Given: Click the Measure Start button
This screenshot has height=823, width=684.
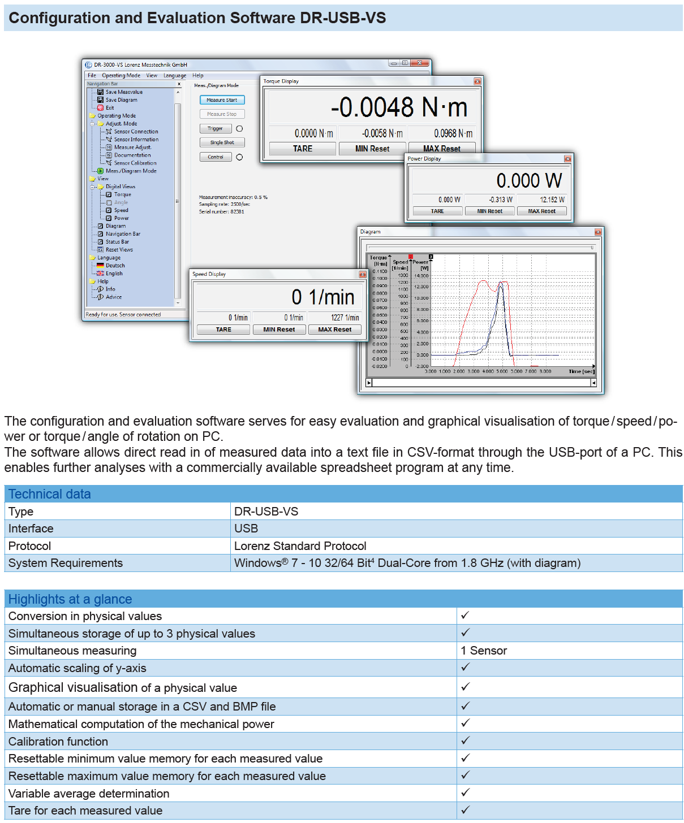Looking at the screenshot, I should [x=222, y=100].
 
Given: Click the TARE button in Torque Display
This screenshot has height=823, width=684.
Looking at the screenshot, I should [x=303, y=149].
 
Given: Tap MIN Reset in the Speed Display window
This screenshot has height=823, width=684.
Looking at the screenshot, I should [x=279, y=330].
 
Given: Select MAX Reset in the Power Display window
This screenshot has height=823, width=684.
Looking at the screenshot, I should [x=541, y=211].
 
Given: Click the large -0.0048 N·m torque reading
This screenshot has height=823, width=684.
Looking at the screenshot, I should [x=399, y=107].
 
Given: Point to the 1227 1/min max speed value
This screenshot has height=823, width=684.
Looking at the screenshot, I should [x=345, y=318].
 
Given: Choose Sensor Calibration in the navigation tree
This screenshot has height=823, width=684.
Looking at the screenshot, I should [x=135, y=163].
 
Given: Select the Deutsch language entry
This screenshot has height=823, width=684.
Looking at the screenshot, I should [x=115, y=266].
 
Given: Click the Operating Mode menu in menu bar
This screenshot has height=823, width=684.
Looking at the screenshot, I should [x=121, y=75].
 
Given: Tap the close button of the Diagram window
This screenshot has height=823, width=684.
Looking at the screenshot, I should [x=598, y=232].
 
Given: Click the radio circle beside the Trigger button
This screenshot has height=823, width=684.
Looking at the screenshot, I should [x=239, y=129].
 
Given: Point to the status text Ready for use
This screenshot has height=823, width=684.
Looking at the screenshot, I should [x=123, y=315].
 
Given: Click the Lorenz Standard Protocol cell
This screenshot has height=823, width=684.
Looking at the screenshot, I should [x=300, y=546].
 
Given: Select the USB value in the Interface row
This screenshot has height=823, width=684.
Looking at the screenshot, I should [x=246, y=529].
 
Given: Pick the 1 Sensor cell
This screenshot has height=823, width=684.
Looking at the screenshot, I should [x=484, y=651].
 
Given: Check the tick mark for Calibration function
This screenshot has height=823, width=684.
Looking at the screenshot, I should [x=465, y=740].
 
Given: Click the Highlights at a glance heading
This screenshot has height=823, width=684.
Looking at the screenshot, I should [x=70, y=599].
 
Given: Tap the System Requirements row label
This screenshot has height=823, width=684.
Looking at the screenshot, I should [x=66, y=563].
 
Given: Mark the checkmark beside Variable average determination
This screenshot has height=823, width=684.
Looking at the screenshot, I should [x=465, y=792].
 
